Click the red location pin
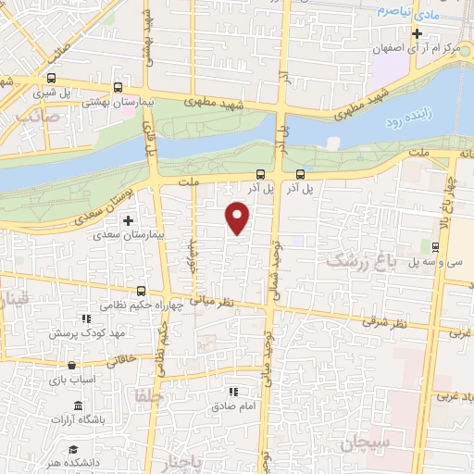[239, 218]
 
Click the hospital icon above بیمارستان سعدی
[128, 220]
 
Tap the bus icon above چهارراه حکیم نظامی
[141, 291]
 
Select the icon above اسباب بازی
[86, 364]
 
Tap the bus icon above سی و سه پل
[434, 246]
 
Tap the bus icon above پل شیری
[51, 79]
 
